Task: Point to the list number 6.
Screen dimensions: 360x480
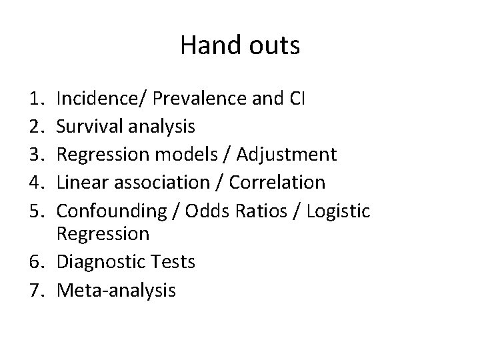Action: [x=44, y=263]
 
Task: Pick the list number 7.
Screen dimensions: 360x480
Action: [x=44, y=290]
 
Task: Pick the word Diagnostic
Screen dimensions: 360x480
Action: [x=99, y=263]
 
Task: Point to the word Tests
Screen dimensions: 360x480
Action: [x=171, y=263]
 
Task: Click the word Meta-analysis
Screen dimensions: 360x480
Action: [x=117, y=290]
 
